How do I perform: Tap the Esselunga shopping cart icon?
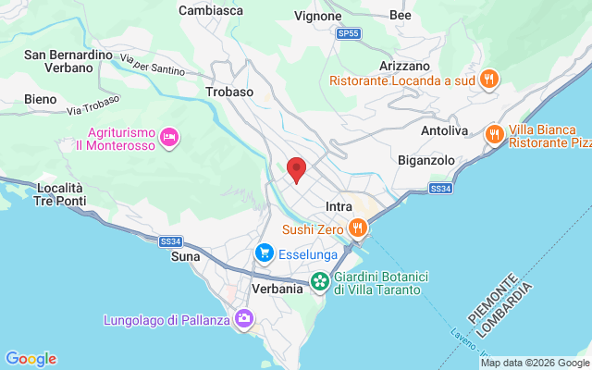(x=265, y=252)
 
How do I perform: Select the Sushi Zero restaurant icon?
(x=358, y=228)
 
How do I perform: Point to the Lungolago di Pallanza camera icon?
(x=244, y=319)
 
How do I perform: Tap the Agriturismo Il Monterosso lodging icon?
(x=168, y=138)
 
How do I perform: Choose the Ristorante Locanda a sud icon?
(x=491, y=80)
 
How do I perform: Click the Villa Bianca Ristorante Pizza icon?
(x=495, y=135)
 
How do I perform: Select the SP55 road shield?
(x=348, y=32)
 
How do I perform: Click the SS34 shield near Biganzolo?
(x=440, y=188)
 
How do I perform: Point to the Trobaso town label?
(x=229, y=92)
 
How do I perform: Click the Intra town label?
(x=340, y=206)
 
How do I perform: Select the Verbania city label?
(x=277, y=289)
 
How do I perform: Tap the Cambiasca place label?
(x=210, y=10)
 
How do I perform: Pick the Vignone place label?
(x=318, y=15)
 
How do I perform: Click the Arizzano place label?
(x=405, y=66)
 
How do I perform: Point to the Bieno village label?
(x=41, y=98)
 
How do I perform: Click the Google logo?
(x=31, y=359)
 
